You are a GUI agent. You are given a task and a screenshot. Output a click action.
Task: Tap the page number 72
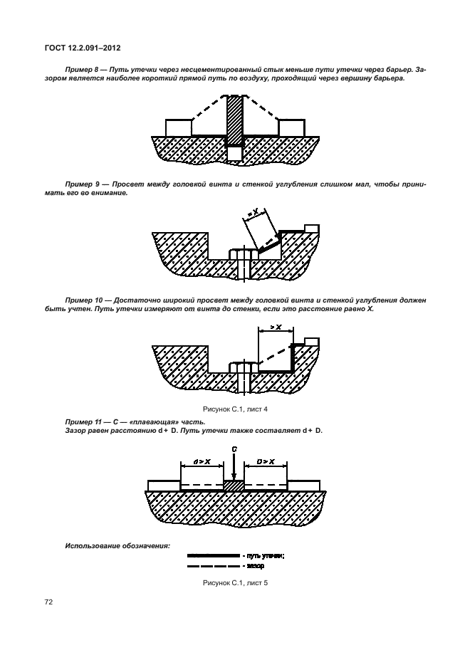pos(49,602)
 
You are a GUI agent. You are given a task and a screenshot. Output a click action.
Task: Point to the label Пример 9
pos(85,184)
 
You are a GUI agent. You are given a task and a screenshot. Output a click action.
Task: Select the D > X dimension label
pos(265,462)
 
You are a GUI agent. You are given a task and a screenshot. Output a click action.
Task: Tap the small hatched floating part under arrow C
pos(234,485)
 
